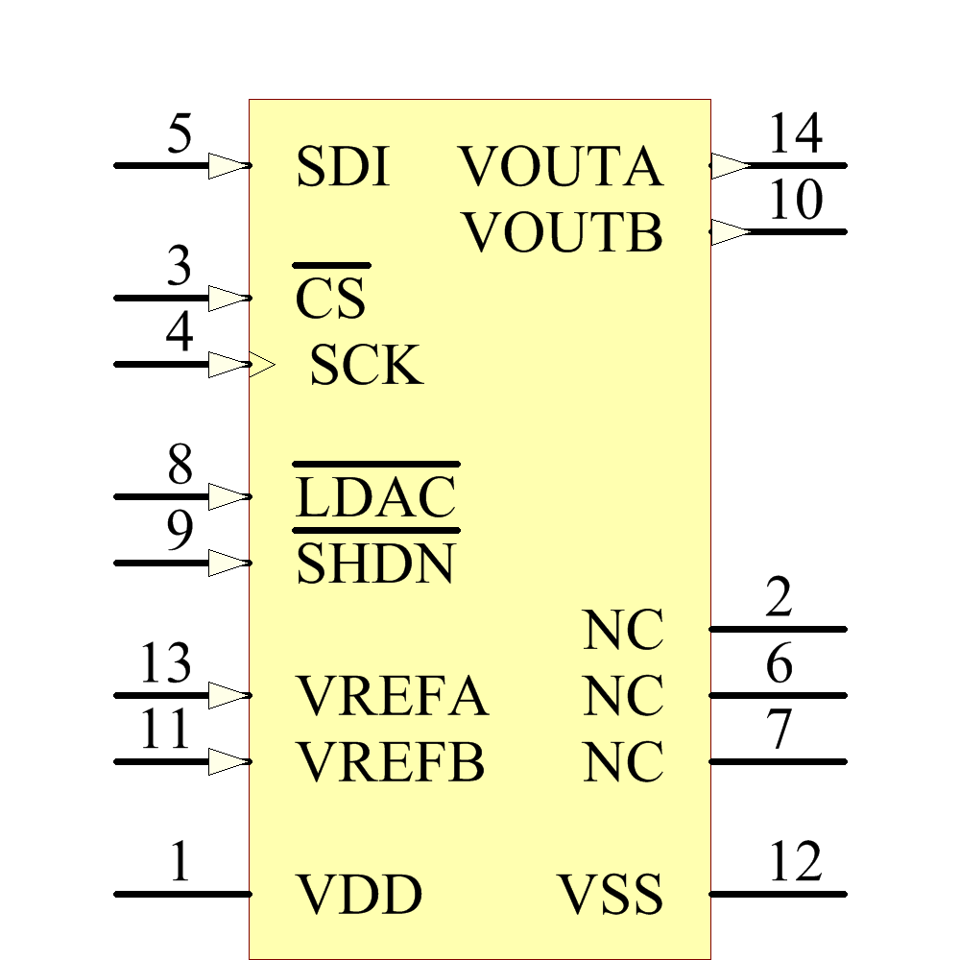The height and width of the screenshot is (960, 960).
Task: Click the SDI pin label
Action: coord(343,167)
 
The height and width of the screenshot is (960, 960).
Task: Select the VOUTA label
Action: coord(562,167)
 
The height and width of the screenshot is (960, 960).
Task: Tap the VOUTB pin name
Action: coord(564,233)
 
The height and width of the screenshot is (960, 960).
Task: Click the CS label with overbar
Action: coord(331,298)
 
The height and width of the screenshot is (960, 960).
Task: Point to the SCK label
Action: coord(366,366)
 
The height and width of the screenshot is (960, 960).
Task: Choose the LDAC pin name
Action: coord(375,497)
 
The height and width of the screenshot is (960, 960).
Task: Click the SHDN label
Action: coord(375,564)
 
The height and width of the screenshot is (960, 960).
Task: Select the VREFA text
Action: coord(392,697)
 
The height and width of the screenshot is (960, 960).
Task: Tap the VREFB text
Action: coord(390,763)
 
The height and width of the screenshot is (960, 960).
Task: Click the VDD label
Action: coord(358,895)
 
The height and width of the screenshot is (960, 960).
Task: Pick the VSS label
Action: coord(611,895)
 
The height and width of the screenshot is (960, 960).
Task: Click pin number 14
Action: coord(796,134)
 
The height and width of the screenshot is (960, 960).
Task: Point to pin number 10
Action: coord(796,202)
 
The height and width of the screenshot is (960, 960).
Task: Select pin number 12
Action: coord(796,863)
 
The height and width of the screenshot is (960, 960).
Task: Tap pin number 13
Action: coord(166,664)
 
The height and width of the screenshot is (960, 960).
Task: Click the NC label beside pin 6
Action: coord(623,697)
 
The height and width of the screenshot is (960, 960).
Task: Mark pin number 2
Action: coord(779,598)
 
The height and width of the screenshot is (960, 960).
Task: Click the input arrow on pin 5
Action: coord(228,165)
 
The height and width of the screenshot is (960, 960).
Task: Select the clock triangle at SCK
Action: coord(261,365)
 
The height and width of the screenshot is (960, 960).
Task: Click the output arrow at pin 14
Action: coord(730,165)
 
